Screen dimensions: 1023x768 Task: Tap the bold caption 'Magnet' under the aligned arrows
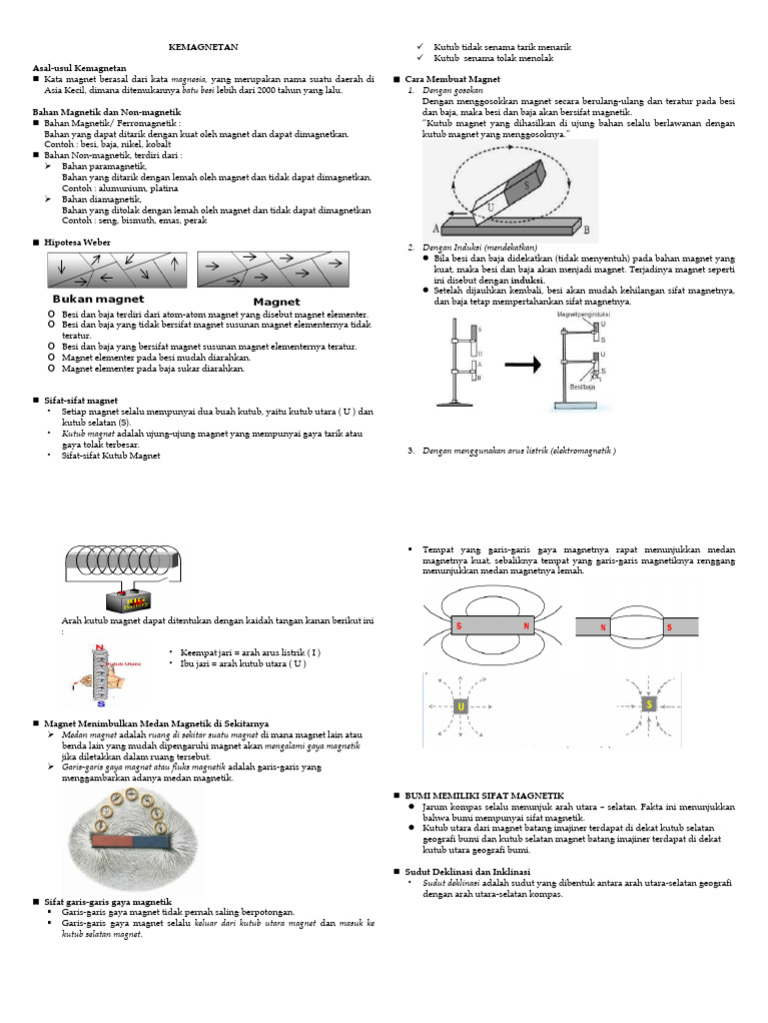click(276, 300)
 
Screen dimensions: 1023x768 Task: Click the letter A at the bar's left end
click(437, 227)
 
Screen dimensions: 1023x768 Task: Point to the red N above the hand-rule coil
click(96, 648)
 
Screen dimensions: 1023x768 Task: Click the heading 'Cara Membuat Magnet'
click(445, 79)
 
